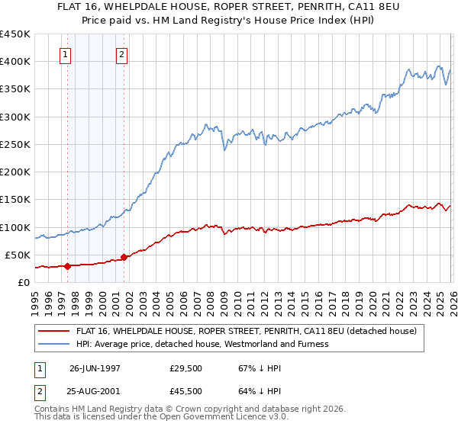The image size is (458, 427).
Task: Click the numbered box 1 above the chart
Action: (66, 54)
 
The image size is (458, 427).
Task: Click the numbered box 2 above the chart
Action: (122, 54)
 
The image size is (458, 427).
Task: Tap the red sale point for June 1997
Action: (67, 266)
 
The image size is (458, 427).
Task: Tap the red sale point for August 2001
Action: (124, 257)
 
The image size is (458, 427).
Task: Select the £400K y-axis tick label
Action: (17, 62)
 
